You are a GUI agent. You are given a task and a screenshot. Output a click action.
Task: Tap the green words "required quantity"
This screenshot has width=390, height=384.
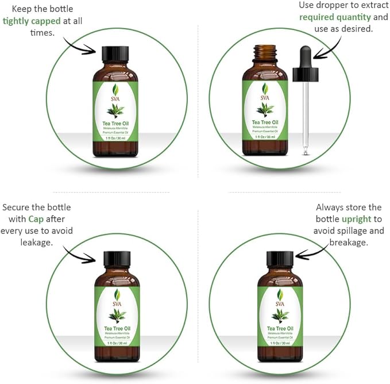click(331, 17)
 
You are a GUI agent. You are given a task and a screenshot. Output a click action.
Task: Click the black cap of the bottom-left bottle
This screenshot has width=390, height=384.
click(117, 259)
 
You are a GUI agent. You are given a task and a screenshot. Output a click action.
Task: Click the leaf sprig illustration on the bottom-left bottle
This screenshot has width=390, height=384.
click(117, 314)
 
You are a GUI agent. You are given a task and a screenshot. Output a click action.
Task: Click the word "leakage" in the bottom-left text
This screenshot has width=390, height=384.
click(36, 243)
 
